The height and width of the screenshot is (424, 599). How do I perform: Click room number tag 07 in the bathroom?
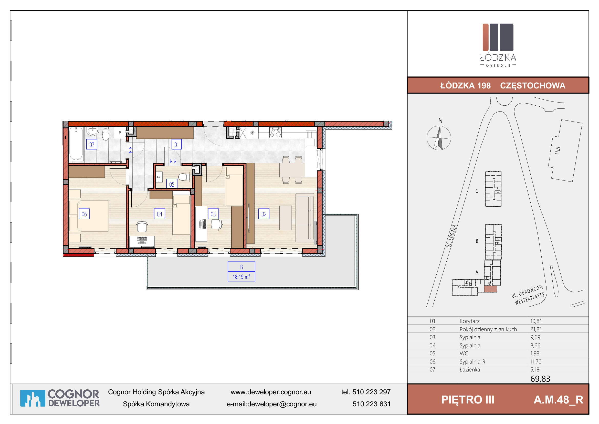pyautogui.click(x=92, y=144)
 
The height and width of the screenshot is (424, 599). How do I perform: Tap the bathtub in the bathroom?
pyautogui.click(x=76, y=144)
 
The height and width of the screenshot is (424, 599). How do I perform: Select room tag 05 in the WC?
pyautogui.click(x=172, y=184)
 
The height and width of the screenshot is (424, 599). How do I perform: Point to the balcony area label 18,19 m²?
pyautogui.click(x=241, y=277)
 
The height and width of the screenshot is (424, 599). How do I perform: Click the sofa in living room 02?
pyautogui.click(x=304, y=218)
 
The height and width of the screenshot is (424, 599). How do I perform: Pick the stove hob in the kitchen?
pyautogui.click(x=276, y=132)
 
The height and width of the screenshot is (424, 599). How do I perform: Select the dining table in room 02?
pyautogui.click(x=292, y=170)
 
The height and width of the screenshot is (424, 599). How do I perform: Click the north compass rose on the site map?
pyautogui.click(x=439, y=138)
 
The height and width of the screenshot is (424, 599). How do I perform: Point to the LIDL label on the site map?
pyautogui.click(x=558, y=150)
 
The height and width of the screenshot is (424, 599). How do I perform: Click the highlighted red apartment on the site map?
pyautogui.click(x=490, y=289)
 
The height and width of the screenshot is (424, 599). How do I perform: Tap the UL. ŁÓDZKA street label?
pyautogui.click(x=451, y=236)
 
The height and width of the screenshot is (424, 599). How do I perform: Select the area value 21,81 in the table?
pyautogui.click(x=536, y=329)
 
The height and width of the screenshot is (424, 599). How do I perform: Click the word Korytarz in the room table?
pyautogui.click(x=470, y=321)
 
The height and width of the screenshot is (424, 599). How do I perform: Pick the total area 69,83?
pyautogui.click(x=540, y=379)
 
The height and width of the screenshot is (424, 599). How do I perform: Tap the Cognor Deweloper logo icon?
pyautogui.click(x=33, y=398)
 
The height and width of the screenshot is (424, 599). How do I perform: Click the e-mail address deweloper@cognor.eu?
pyautogui.click(x=282, y=404)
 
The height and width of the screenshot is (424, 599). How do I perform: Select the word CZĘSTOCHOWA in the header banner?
pyautogui.click(x=533, y=86)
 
